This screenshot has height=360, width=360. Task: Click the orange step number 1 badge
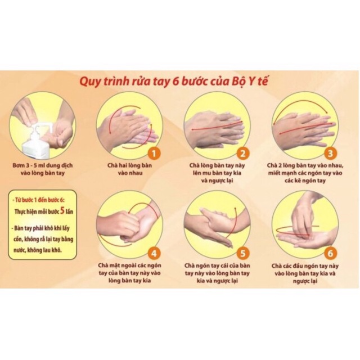tap(154, 153)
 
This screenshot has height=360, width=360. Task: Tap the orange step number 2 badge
tap(242, 153)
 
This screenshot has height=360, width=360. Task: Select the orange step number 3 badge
tap(330, 153)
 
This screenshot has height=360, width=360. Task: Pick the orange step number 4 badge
tap(154, 253)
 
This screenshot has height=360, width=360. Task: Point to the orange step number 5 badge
tap(242, 253)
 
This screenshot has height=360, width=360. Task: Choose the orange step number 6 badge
tap(330, 253)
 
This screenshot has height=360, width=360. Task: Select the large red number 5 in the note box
tap(62, 211)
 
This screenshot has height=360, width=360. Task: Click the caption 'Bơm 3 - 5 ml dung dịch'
tap(43, 165)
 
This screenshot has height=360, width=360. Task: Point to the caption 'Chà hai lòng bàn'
tap(130, 165)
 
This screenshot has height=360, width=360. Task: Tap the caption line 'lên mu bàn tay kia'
tap(217, 173)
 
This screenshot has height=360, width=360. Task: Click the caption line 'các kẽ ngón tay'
tap(305, 181)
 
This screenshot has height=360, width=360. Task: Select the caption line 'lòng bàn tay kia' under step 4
tap(130, 280)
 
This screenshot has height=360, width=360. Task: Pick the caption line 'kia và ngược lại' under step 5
tap(217, 281)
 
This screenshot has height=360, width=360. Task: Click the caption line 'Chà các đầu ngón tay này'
tap(305, 266)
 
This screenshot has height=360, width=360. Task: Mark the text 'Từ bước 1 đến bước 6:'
tap(39, 200)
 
